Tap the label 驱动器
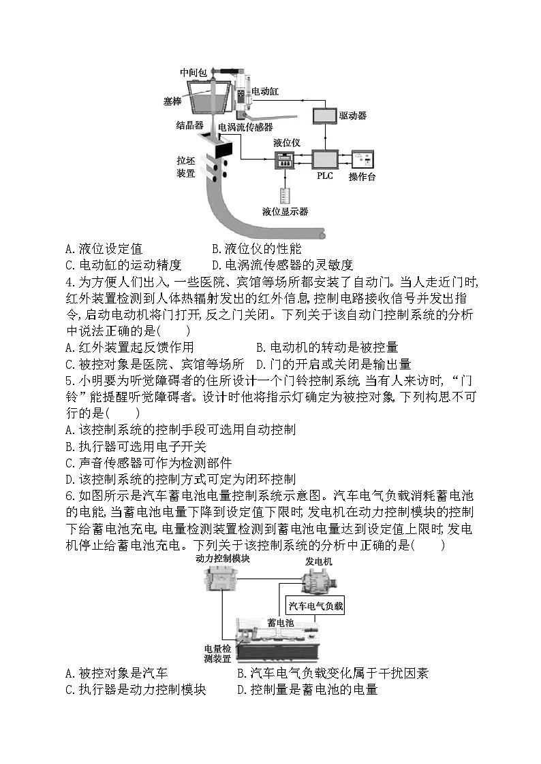point(353,116)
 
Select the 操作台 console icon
point(362,160)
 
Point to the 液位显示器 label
point(285,212)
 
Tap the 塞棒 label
point(172,101)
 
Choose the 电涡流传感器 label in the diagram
point(245,127)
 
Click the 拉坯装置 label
point(186,167)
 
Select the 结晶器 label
point(190,125)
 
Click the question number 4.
point(69,282)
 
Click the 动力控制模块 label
point(223,559)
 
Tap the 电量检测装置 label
point(217,654)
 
